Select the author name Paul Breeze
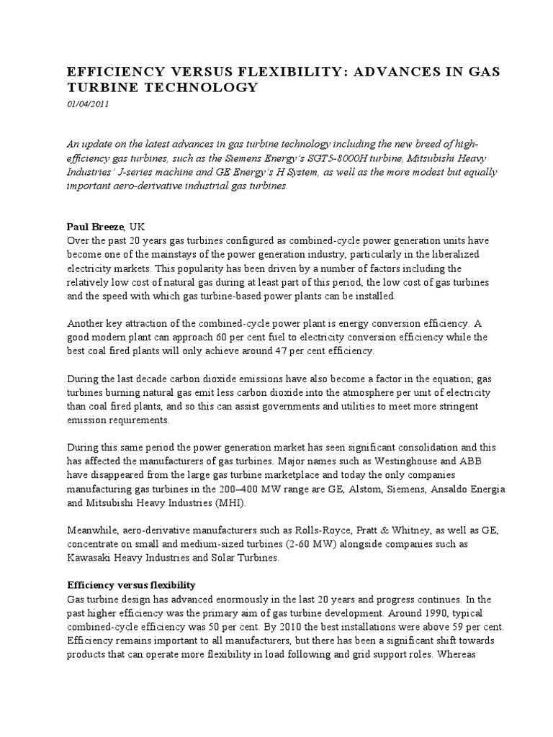tap(95, 226)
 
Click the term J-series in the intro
tap(147, 173)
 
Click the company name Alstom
tap(328, 489)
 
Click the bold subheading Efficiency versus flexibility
tap(131, 585)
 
